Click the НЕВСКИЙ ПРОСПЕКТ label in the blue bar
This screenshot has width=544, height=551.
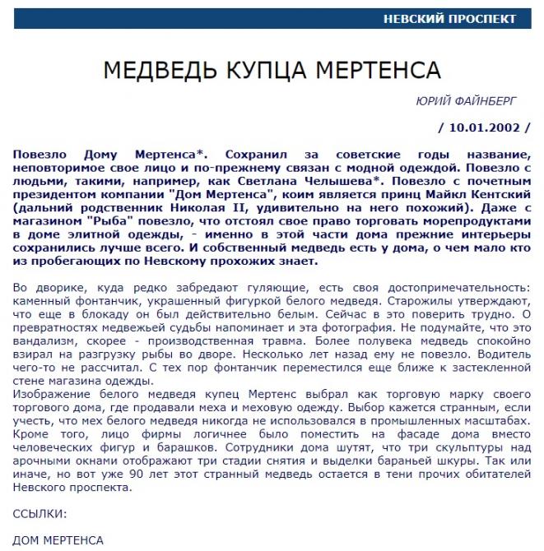coord(449,19)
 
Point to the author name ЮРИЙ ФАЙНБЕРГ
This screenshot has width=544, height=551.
coord(467,102)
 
